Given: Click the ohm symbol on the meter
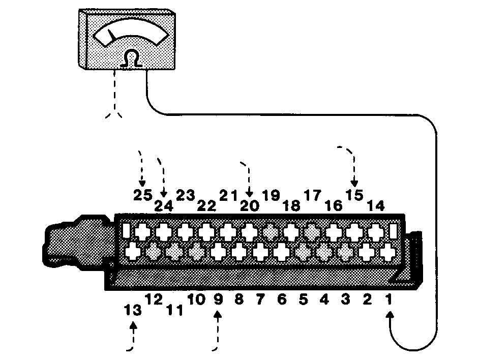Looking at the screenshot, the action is point(131,58).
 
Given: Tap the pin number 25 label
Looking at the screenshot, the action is point(143,195).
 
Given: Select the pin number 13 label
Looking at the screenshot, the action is point(133,310).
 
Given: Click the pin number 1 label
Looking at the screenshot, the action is point(388,299).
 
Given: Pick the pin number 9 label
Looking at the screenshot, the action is point(218,299).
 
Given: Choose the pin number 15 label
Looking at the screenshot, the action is point(354,195).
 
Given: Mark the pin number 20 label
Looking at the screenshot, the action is point(250,205).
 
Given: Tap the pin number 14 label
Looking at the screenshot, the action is point(375,205).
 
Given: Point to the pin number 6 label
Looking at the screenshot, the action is point(282,299).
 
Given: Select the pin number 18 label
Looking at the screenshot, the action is point(291,205).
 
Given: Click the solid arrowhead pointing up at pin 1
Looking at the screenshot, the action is point(390,315).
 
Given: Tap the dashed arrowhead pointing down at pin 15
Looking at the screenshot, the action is point(354,183).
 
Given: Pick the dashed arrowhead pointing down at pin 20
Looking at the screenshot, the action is point(250,193).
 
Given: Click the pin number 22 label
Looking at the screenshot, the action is point(206,205).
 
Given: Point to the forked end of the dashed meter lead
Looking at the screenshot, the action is point(114,114).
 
